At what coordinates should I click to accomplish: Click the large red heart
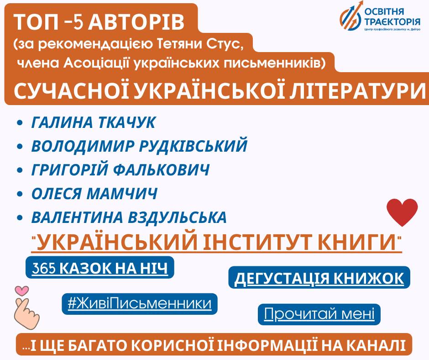pyautogui.click(x=402, y=212)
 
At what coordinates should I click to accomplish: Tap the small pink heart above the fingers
pyautogui.click(x=22, y=291)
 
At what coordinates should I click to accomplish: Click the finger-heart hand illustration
pyautogui.click(x=26, y=313)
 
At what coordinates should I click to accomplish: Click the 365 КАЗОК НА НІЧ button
pyautogui.click(x=100, y=267)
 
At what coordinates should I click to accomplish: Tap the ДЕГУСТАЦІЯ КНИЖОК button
pyautogui.click(x=319, y=277)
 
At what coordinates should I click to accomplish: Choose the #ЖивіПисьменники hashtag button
pyautogui.click(x=140, y=304)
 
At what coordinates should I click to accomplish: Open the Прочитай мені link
pyautogui.click(x=319, y=314)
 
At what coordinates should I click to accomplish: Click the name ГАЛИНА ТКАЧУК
pyautogui.click(x=93, y=122)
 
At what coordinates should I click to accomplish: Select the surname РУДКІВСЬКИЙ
pyautogui.click(x=193, y=146)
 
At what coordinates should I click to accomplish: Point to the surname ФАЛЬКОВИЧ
pyautogui.click(x=161, y=169)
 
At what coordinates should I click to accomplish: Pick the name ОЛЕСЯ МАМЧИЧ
pyautogui.click(x=94, y=193)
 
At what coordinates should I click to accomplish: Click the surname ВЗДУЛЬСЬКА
pyautogui.click(x=177, y=217)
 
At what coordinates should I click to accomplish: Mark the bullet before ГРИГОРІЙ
pyautogui.click(x=20, y=170)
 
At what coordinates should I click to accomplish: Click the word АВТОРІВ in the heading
pyautogui.click(x=136, y=22)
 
